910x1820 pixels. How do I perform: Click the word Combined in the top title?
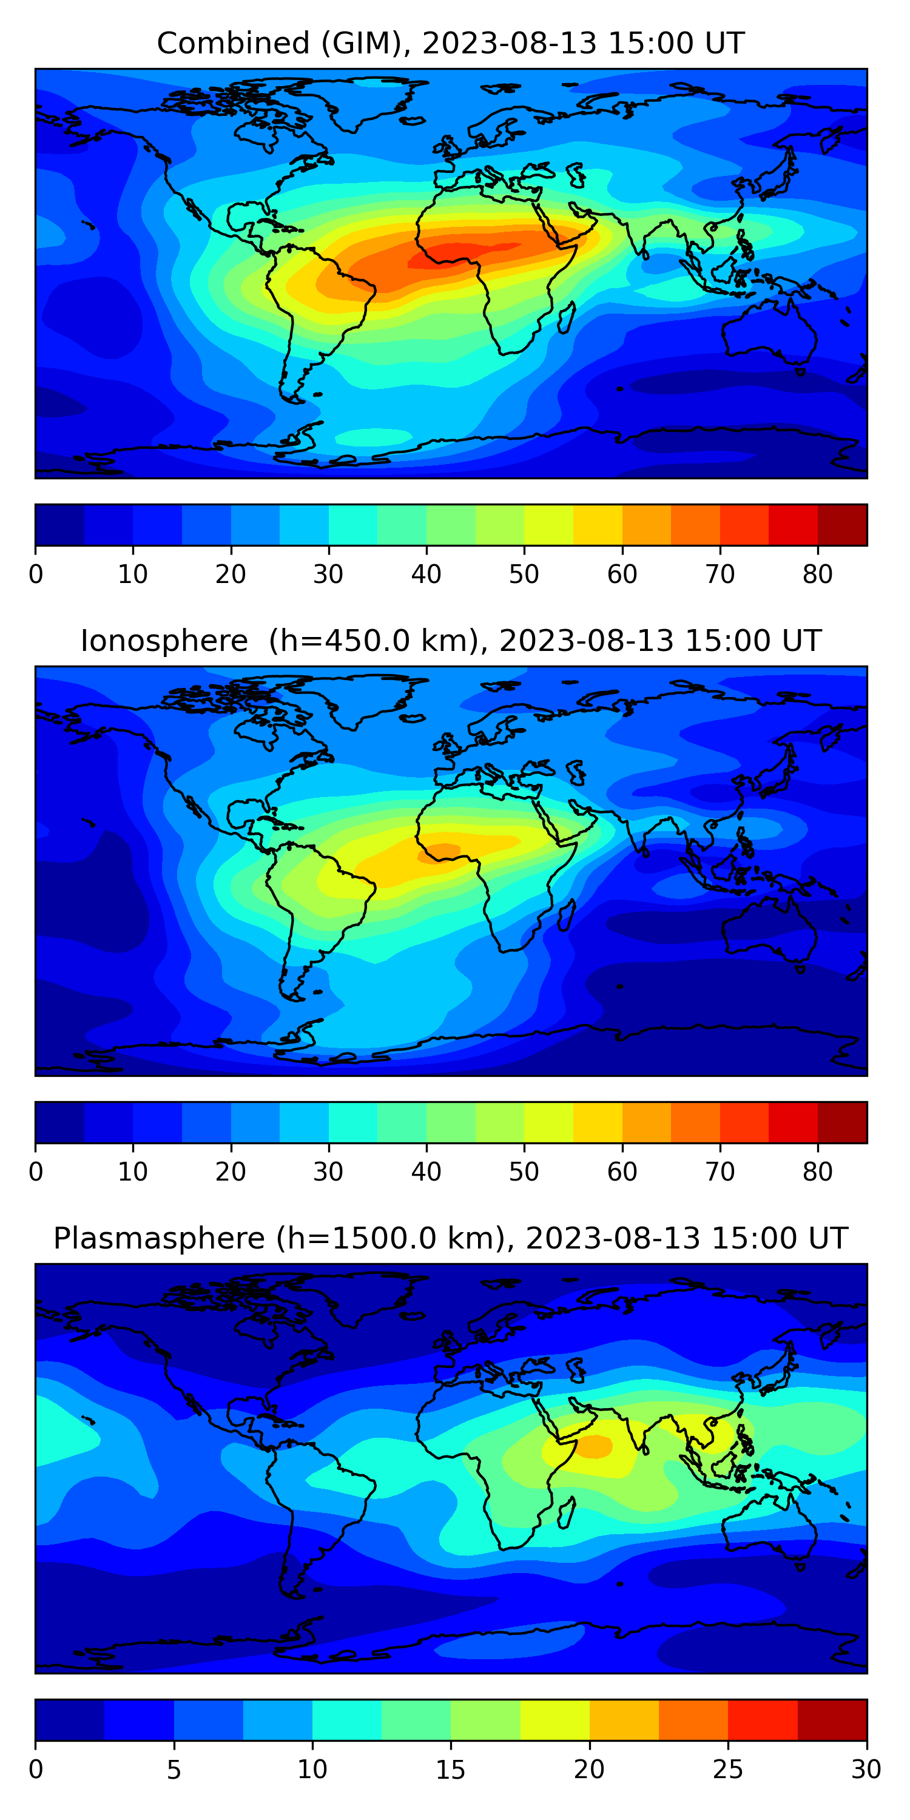[232, 43]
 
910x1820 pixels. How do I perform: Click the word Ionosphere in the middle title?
[164, 641]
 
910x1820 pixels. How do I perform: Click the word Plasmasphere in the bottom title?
[158, 1239]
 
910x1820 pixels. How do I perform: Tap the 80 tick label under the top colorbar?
[817, 575]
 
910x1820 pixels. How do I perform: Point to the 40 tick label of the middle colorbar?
[426, 1172]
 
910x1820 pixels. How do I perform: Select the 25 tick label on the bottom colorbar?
[728, 1770]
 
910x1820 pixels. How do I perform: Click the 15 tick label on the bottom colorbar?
[451, 1770]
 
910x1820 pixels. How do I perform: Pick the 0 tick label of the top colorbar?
[36, 575]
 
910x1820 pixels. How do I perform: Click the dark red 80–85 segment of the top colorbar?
[841, 525]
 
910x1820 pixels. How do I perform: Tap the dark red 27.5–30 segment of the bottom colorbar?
[832, 1721]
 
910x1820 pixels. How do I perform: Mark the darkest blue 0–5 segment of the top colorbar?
[60, 525]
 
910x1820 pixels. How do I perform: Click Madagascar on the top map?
[567, 318]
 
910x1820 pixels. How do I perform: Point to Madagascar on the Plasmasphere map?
[567, 1512]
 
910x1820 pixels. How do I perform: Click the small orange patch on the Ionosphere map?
[439, 853]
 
